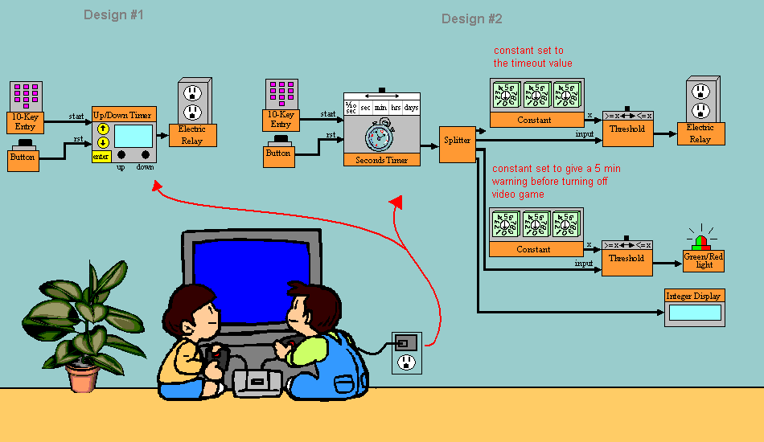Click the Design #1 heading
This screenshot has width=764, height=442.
[113, 15]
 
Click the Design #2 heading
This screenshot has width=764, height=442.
[472, 18]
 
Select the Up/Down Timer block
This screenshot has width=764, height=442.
[123, 135]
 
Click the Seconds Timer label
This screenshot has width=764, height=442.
[381, 160]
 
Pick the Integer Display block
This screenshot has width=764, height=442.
[694, 307]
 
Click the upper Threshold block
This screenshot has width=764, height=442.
[626, 129]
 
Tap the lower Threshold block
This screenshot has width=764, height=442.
[626, 258]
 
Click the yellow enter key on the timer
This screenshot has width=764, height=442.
[101, 157]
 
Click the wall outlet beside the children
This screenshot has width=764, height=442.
[406, 352]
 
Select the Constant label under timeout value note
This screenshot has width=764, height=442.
[536, 120]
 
